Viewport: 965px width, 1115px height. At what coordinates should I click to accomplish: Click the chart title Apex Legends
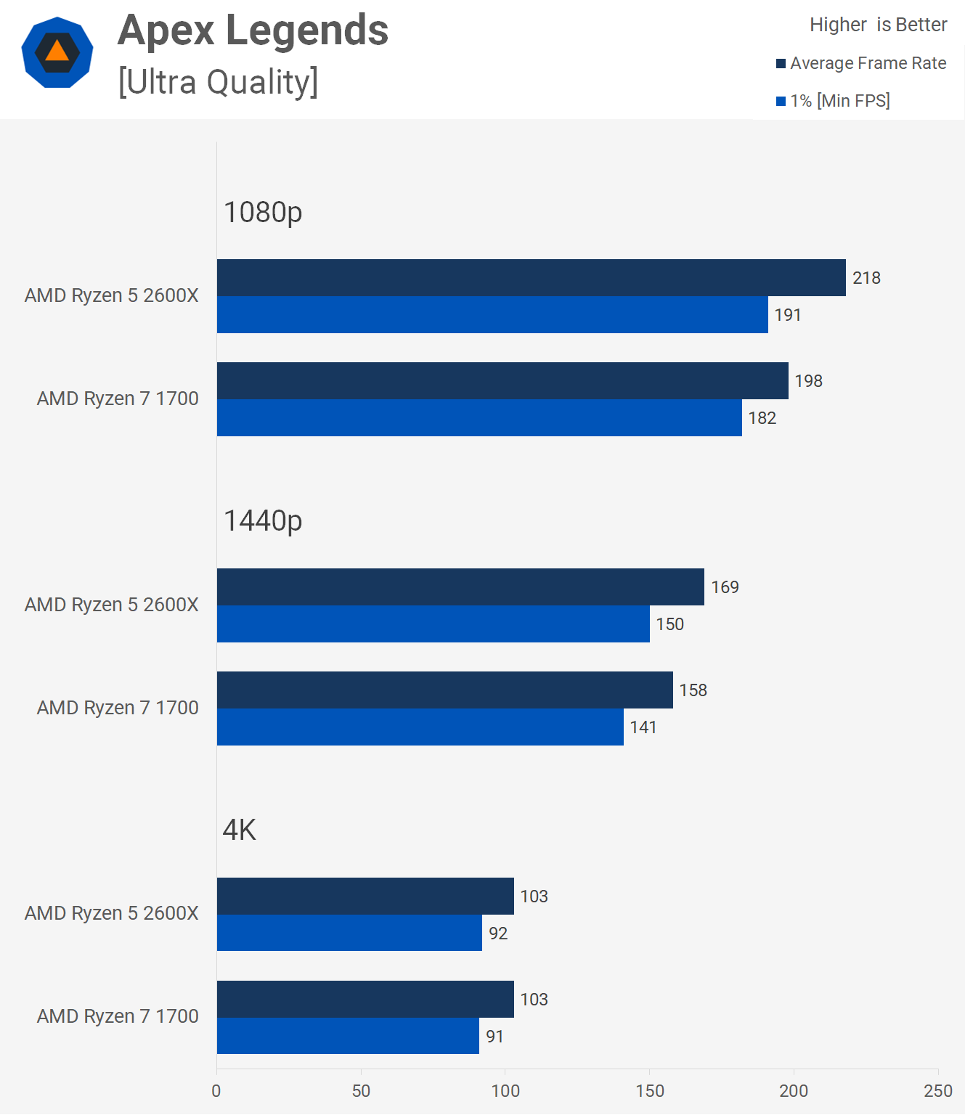(x=253, y=30)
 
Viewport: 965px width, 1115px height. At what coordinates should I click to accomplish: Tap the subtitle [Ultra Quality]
(x=218, y=82)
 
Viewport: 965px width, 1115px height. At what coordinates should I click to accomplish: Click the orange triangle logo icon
(x=57, y=52)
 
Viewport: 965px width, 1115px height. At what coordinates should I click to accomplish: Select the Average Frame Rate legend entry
(x=861, y=63)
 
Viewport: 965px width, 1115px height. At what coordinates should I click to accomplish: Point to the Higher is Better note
(x=878, y=25)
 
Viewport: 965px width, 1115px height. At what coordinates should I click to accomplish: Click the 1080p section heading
(x=262, y=212)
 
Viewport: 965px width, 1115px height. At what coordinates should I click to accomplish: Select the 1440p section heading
(x=262, y=520)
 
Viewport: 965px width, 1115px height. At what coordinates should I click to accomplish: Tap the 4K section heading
(x=239, y=830)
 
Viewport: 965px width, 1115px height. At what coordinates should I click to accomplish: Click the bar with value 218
(x=531, y=277)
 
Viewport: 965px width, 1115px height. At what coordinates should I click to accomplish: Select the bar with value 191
(x=492, y=315)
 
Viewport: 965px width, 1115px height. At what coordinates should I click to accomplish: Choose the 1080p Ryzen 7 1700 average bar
(x=502, y=380)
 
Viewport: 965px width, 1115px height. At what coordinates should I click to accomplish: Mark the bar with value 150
(x=433, y=624)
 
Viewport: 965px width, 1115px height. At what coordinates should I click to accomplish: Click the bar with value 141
(x=420, y=727)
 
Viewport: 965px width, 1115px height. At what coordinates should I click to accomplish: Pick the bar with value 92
(x=349, y=933)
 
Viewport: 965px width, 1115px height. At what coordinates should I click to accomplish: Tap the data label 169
(x=725, y=587)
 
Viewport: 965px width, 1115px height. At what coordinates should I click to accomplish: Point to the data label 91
(x=494, y=1037)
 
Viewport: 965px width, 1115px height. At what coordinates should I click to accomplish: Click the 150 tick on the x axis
(x=650, y=1091)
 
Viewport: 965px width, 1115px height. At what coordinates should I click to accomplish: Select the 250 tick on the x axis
(x=937, y=1091)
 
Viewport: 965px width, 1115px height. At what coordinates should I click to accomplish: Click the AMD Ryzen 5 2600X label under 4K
(x=111, y=913)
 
